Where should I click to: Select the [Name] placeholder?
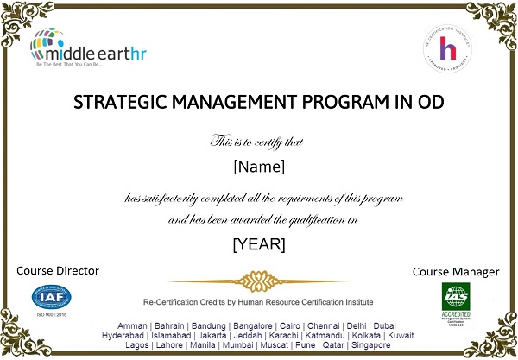point(259,165)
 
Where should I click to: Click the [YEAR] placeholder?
point(259,244)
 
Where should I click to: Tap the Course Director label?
point(58,270)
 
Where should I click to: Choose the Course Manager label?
point(456,271)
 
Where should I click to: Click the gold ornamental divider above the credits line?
point(258,281)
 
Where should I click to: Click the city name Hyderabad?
point(123,334)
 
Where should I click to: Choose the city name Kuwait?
point(400,334)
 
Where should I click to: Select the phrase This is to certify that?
point(258,140)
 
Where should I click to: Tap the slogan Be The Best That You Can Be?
point(67,65)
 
